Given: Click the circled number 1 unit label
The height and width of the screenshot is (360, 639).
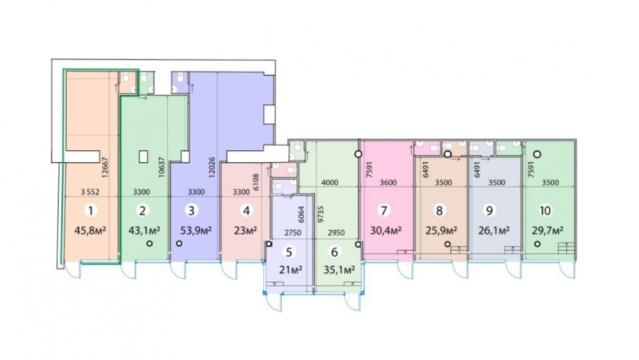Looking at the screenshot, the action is pos(91,211).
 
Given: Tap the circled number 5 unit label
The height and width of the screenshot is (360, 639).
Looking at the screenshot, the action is pos(289,252).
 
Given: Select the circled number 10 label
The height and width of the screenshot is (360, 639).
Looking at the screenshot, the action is pos(545,211).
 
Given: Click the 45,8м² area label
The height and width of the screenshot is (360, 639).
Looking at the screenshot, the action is pos(90,231).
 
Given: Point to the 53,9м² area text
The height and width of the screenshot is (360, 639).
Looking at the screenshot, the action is pos(196,231).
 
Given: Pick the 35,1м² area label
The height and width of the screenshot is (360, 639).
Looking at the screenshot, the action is pos(339,270).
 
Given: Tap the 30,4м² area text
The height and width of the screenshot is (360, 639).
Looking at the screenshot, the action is pos(386,231).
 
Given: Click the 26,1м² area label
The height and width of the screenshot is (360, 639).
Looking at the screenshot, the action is pos(494,231).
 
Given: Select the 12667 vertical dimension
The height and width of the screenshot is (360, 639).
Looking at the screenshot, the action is pos(105,168).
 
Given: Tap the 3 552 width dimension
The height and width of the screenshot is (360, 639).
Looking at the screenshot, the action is pos(90,192).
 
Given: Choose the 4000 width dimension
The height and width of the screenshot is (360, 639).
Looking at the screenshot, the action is pos(330,183).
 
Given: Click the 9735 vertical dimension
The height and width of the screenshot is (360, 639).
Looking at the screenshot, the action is pos(320,214).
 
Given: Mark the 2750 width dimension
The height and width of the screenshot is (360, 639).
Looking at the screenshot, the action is pos(293,233).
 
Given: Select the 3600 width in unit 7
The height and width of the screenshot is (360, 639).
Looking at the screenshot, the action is pos(388,183).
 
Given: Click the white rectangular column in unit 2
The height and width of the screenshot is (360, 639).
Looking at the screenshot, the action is pos(143,157).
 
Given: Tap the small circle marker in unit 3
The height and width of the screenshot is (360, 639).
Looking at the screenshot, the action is pos(179,244).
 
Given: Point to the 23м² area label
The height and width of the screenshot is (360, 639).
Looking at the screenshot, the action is pos(245,231).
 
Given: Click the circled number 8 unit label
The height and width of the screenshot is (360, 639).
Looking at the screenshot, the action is pos(440,211).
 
